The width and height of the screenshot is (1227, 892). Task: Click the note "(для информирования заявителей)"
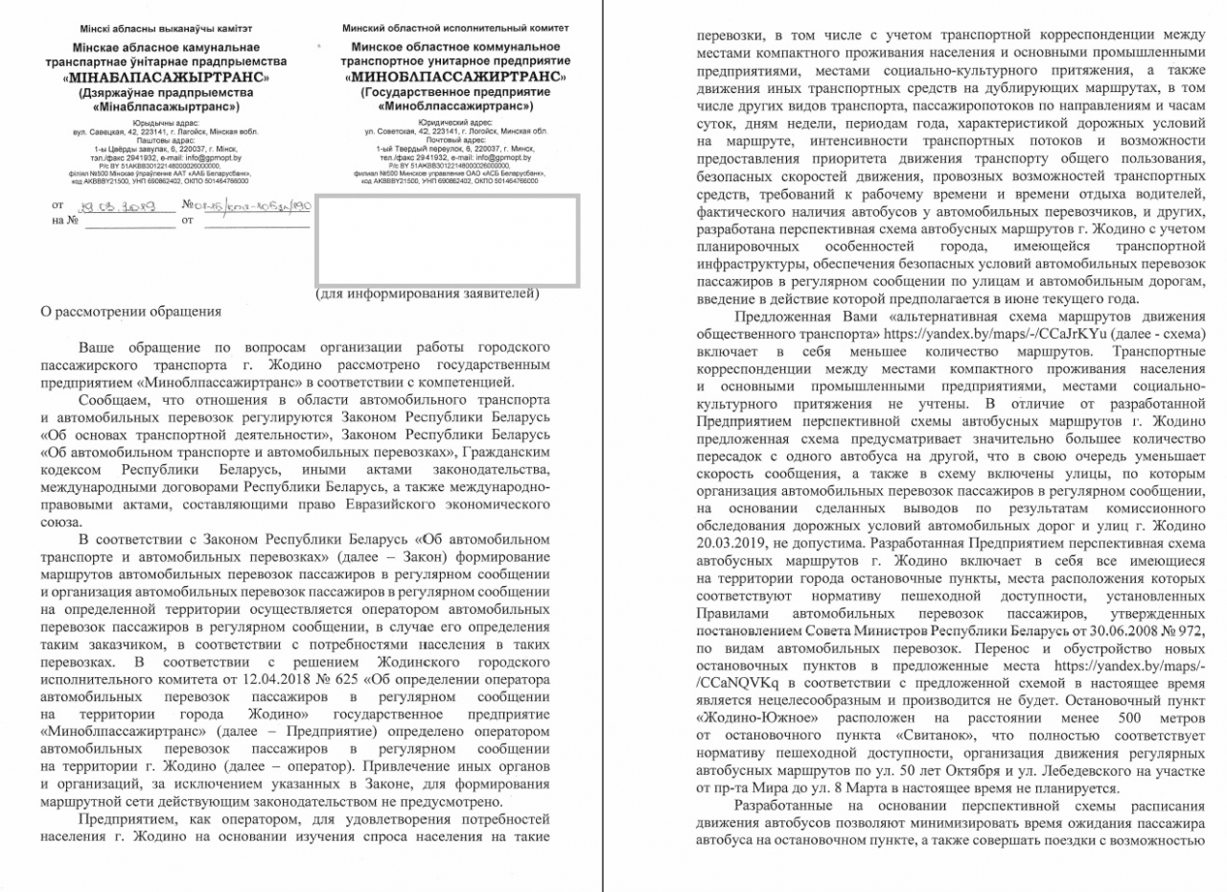tap(428, 293)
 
